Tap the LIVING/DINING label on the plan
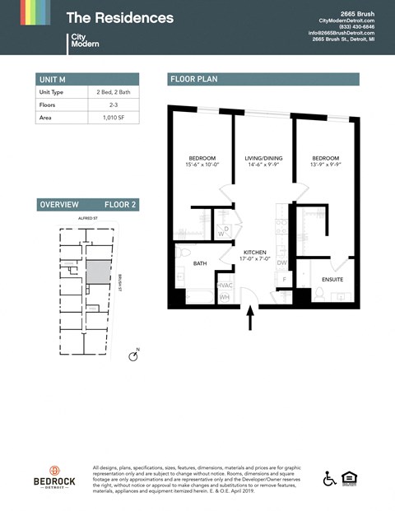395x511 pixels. pos(263,158)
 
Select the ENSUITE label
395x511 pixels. pos(332,279)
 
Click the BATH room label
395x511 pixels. pos(200,264)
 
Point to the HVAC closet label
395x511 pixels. pos(225,285)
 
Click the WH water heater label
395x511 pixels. pos(224,297)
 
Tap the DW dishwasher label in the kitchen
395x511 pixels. pos(281,263)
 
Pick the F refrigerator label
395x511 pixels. pos(285,280)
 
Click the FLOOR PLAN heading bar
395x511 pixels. pos(263,79)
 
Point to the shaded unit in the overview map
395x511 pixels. pos(97,272)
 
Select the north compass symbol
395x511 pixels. pos(133,355)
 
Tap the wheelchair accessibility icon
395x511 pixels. pos(328,478)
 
